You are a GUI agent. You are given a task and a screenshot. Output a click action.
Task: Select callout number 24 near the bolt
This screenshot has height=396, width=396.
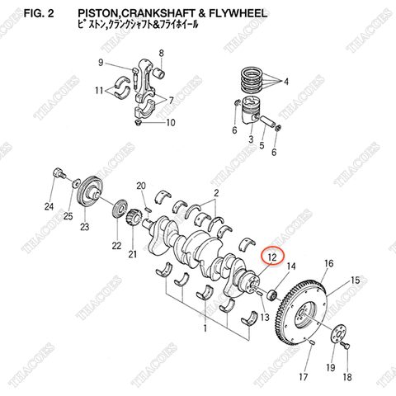point(49,206)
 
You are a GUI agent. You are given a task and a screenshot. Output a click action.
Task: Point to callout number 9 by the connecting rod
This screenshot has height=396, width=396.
point(100,63)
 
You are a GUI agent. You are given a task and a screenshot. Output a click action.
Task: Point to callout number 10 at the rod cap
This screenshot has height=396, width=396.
point(171,124)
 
